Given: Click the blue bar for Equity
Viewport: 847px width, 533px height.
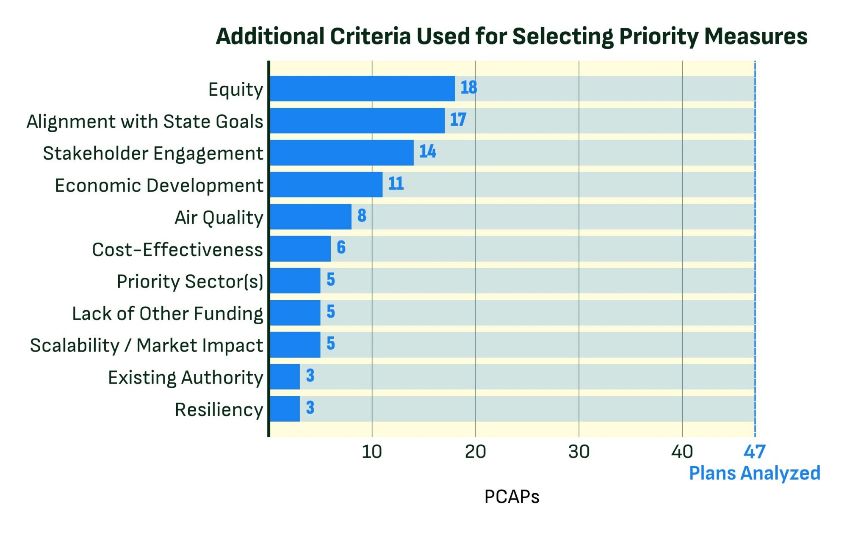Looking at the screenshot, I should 362,88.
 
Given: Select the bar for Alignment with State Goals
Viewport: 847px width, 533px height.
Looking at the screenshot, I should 357,121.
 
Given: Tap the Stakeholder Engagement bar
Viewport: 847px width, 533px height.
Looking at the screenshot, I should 341,152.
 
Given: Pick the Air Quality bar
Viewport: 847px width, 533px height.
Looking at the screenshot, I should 310,217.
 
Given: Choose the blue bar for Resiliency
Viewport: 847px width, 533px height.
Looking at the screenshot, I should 285,409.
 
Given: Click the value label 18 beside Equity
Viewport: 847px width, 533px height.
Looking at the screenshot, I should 468,88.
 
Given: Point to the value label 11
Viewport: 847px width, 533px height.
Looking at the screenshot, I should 396,184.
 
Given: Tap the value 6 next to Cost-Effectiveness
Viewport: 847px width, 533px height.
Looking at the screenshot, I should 341,247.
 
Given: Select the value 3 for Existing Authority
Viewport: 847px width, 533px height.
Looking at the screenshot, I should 310,376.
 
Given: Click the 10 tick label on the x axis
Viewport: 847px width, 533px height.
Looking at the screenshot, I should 372,452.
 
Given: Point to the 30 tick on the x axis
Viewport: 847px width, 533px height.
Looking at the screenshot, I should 579,452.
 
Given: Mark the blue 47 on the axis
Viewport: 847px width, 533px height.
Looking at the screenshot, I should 754,452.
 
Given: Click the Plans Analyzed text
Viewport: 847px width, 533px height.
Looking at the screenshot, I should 754,473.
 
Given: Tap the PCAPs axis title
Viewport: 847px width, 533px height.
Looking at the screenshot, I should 512,497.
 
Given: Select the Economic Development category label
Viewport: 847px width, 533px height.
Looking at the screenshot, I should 159,185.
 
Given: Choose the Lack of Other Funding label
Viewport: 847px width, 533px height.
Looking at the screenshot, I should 167,314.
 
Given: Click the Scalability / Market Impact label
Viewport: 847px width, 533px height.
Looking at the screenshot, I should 147,345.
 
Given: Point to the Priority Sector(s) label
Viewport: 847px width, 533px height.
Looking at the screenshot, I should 190,282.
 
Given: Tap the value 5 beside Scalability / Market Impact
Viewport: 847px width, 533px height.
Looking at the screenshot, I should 331,343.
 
